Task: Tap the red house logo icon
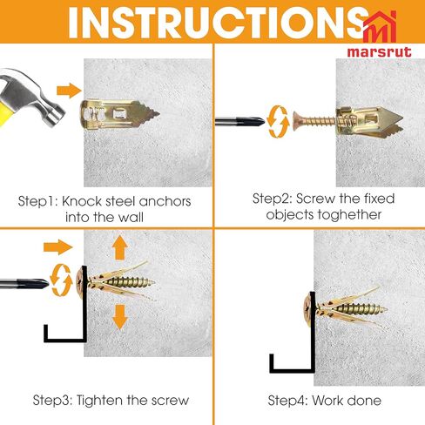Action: (x=380, y=27)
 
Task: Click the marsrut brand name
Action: (x=380, y=52)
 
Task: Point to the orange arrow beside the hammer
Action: (x=69, y=91)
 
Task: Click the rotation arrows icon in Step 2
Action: (x=278, y=122)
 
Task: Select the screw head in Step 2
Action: (x=297, y=121)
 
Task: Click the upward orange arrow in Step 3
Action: (x=120, y=247)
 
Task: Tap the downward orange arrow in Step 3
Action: (x=120, y=317)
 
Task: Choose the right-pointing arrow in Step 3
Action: (x=57, y=247)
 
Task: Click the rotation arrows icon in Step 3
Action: (x=61, y=280)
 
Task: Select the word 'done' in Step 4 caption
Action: (x=364, y=401)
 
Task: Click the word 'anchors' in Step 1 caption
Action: (x=165, y=201)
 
